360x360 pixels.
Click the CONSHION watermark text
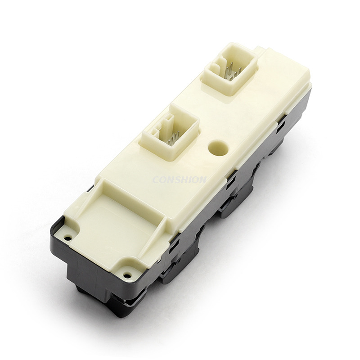pyautogui.click(x=179, y=180)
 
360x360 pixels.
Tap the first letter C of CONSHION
pyautogui.click(x=156, y=180)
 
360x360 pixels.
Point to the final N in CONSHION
pyautogui.click(x=203, y=180)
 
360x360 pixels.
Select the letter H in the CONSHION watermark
pyautogui.click(x=184, y=180)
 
